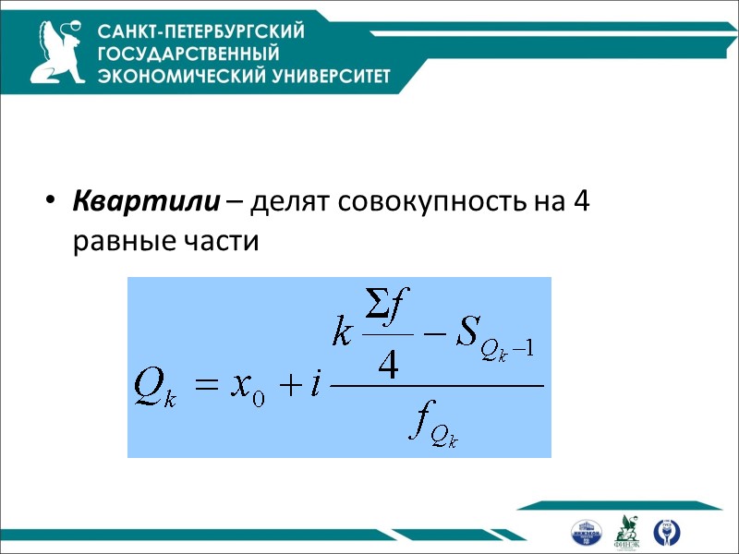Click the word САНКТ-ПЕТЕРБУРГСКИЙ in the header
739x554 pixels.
(x=201, y=31)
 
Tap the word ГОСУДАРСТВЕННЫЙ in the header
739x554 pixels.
(x=188, y=54)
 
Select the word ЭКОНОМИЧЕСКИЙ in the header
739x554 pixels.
(x=172, y=76)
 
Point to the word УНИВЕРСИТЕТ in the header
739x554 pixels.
(x=321, y=76)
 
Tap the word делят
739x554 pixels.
(x=282, y=201)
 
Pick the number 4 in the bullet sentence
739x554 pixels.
(x=580, y=200)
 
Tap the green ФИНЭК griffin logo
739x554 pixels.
(x=629, y=530)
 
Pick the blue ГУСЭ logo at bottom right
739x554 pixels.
(x=664, y=531)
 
